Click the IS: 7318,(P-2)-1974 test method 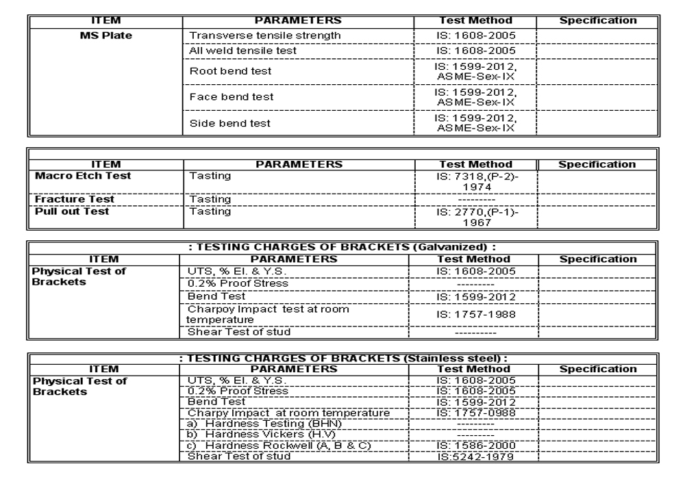pos(477,181)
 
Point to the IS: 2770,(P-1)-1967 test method pos(477,217)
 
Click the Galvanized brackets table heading pos(342,247)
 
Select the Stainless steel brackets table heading pos(342,357)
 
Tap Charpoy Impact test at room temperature pos(269,314)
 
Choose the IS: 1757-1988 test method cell pos(477,314)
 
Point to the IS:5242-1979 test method pos(477,457)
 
